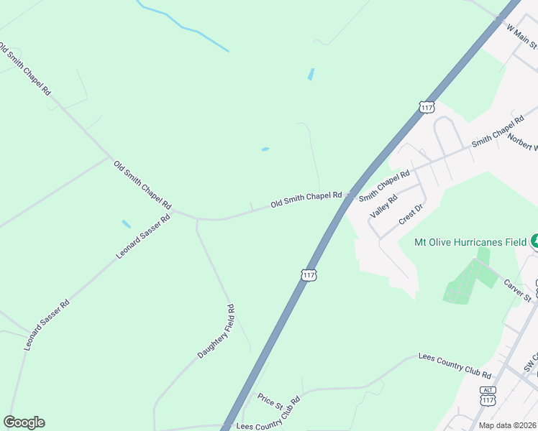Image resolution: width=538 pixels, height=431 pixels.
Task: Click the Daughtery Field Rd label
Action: coord(216,332)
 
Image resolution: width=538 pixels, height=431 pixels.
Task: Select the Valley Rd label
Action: coord(383,207)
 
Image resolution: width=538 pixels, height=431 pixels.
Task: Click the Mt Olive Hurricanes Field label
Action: coord(470,242)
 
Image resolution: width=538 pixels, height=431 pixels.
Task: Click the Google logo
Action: coord(24,422)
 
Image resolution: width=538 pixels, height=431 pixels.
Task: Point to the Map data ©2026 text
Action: coord(508,425)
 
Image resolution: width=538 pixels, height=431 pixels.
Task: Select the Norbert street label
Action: coord(522,142)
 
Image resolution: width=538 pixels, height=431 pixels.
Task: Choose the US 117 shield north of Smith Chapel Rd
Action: coord(427,107)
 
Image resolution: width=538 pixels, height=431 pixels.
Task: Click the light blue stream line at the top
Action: coord(183,27)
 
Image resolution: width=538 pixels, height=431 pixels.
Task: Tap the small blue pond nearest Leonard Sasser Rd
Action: coord(127,223)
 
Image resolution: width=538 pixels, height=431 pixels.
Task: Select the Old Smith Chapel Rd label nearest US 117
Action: coord(306,199)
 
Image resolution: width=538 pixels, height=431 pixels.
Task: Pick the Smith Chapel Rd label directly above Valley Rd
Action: coord(384,185)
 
